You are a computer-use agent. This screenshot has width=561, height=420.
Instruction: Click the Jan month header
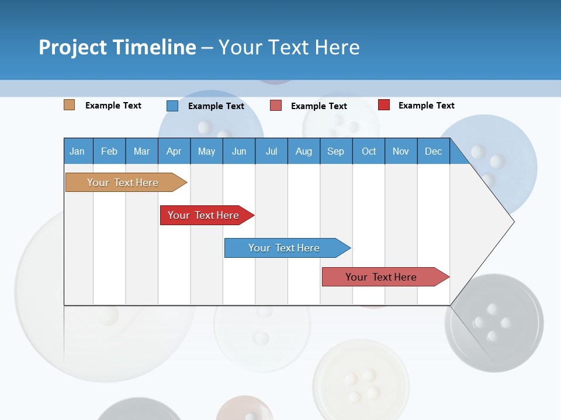[x=78, y=151]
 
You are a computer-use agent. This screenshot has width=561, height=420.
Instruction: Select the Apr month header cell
[x=174, y=151]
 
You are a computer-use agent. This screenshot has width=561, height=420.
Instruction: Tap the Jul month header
[x=271, y=151]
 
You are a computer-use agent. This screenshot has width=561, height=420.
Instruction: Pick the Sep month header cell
[x=335, y=151]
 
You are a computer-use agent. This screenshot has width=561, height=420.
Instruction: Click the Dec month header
[x=433, y=151]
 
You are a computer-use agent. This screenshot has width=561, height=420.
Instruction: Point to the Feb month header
[x=109, y=151]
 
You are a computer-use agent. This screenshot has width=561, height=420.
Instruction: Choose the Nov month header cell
[x=401, y=151]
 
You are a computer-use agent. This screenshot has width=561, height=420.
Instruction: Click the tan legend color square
[x=70, y=105]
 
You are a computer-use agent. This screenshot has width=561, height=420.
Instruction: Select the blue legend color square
[x=172, y=106]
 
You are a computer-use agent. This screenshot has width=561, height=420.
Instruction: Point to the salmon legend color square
[x=276, y=106]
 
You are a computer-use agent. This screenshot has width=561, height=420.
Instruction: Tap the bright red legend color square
[x=384, y=105]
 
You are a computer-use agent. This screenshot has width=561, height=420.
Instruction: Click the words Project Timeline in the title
[x=117, y=47]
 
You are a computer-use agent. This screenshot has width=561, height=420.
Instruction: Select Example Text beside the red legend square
[x=426, y=106]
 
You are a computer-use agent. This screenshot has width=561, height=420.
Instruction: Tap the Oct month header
[x=369, y=151]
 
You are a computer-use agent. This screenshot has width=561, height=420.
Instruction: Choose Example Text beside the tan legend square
[x=113, y=106]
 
